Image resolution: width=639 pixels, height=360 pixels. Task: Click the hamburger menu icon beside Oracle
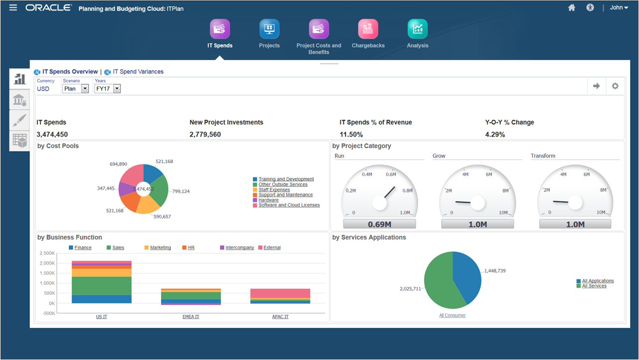click(13, 7)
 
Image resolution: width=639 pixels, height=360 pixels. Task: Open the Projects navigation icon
click(269, 29)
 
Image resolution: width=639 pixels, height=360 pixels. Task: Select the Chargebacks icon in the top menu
click(368, 29)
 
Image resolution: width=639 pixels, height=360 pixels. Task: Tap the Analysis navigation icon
click(417, 29)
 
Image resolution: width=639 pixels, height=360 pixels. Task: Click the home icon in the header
click(572, 7)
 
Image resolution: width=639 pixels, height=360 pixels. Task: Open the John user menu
click(619, 7)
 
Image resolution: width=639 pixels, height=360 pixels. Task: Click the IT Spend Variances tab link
click(138, 72)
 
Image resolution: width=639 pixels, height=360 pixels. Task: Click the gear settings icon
click(615, 86)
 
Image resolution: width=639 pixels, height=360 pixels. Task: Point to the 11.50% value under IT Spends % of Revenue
click(351, 135)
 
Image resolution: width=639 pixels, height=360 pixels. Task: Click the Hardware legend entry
click(269, 200)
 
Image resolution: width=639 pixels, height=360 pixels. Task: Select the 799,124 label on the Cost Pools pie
click(180, 191)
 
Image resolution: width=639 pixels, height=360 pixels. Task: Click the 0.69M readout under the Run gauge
click(379, 224)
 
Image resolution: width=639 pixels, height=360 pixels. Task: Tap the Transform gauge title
click(543, 156)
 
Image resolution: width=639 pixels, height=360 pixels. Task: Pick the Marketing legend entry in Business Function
click(160, 248)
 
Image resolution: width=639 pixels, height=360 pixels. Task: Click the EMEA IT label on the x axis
click(191, 317)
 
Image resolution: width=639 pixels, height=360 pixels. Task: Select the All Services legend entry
click(594, 286)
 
